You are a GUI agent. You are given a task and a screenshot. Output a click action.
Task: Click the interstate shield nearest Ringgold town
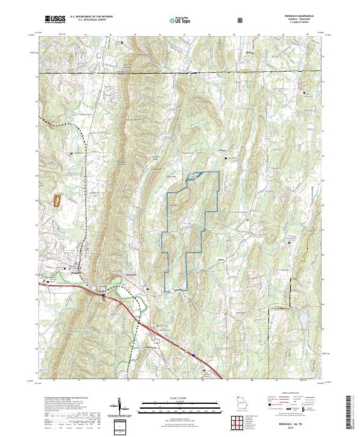tap(103, 295)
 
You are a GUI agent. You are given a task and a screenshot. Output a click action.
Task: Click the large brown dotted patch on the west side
tap(59, 201)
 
